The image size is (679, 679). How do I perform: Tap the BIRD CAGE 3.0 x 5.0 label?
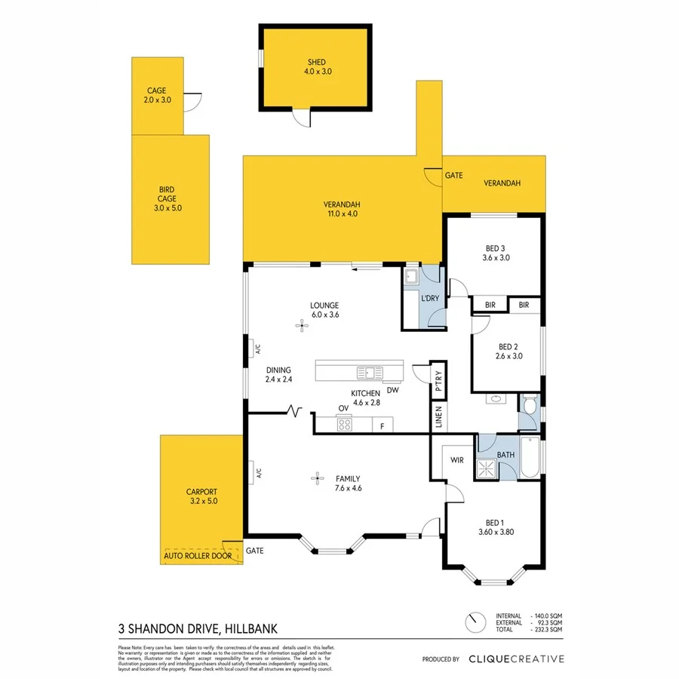coord(167,198)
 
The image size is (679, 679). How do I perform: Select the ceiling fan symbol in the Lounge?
coord(303,326)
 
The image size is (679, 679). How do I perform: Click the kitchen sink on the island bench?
coord(369,372)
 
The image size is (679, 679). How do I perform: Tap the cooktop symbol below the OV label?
coord(344,424)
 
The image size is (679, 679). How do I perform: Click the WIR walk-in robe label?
coord(456,459)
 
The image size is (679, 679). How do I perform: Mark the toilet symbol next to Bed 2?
coord(530,407)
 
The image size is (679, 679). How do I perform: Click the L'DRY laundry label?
coord(429,299)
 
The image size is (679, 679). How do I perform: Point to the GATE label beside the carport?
coord(255,551)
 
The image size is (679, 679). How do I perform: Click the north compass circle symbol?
coord(475,623)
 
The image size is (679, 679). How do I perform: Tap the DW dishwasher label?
coord(392,390)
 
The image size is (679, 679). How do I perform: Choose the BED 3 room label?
coord(496,252)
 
